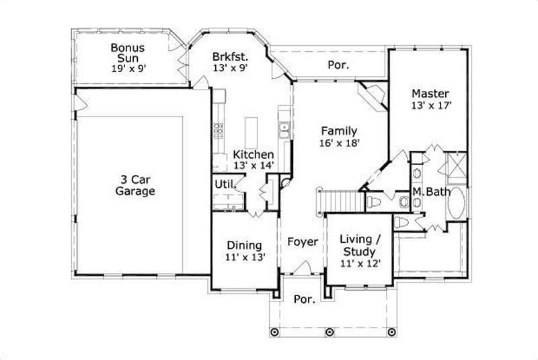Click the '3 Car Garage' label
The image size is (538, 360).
click(x=134, y=186)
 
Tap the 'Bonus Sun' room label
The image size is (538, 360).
click(x=128, y=52)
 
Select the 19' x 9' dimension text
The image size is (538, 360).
click(x=128, y=68)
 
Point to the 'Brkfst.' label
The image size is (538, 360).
click(x=228, y=57)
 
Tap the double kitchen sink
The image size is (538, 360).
click(x=285, y=130)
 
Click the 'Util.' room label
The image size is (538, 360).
click(x=224, y=184)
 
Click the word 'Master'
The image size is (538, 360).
click(x=430, y=93)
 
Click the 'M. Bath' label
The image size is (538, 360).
click(x=431, y=192)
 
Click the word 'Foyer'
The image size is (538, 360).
click(x=302, y=241)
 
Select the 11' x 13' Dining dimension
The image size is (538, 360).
click(x=245, y=257)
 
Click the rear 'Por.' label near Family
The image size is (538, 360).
click(x=338, y=66)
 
